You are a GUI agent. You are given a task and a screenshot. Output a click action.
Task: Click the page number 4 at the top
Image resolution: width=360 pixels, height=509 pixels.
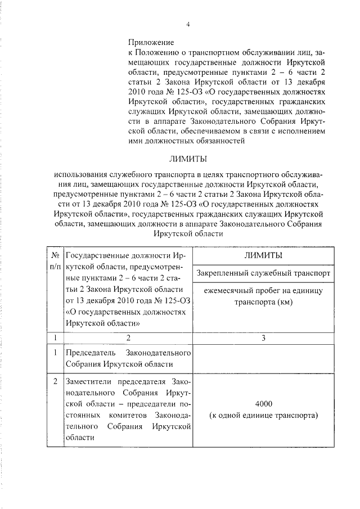coord(187,24)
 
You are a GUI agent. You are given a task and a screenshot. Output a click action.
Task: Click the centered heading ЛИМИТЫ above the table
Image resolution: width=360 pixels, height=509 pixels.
coord(187,159)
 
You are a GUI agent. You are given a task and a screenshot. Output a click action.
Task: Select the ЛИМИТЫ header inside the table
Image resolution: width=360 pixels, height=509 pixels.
coord(263,255)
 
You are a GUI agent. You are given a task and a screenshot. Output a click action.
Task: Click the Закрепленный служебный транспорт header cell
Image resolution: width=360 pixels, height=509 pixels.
coord(263,273)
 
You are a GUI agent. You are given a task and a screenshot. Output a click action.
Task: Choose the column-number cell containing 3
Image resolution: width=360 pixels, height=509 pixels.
coord(263,338)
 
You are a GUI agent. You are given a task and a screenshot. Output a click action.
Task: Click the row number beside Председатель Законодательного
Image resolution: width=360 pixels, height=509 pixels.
coord(55,353)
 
